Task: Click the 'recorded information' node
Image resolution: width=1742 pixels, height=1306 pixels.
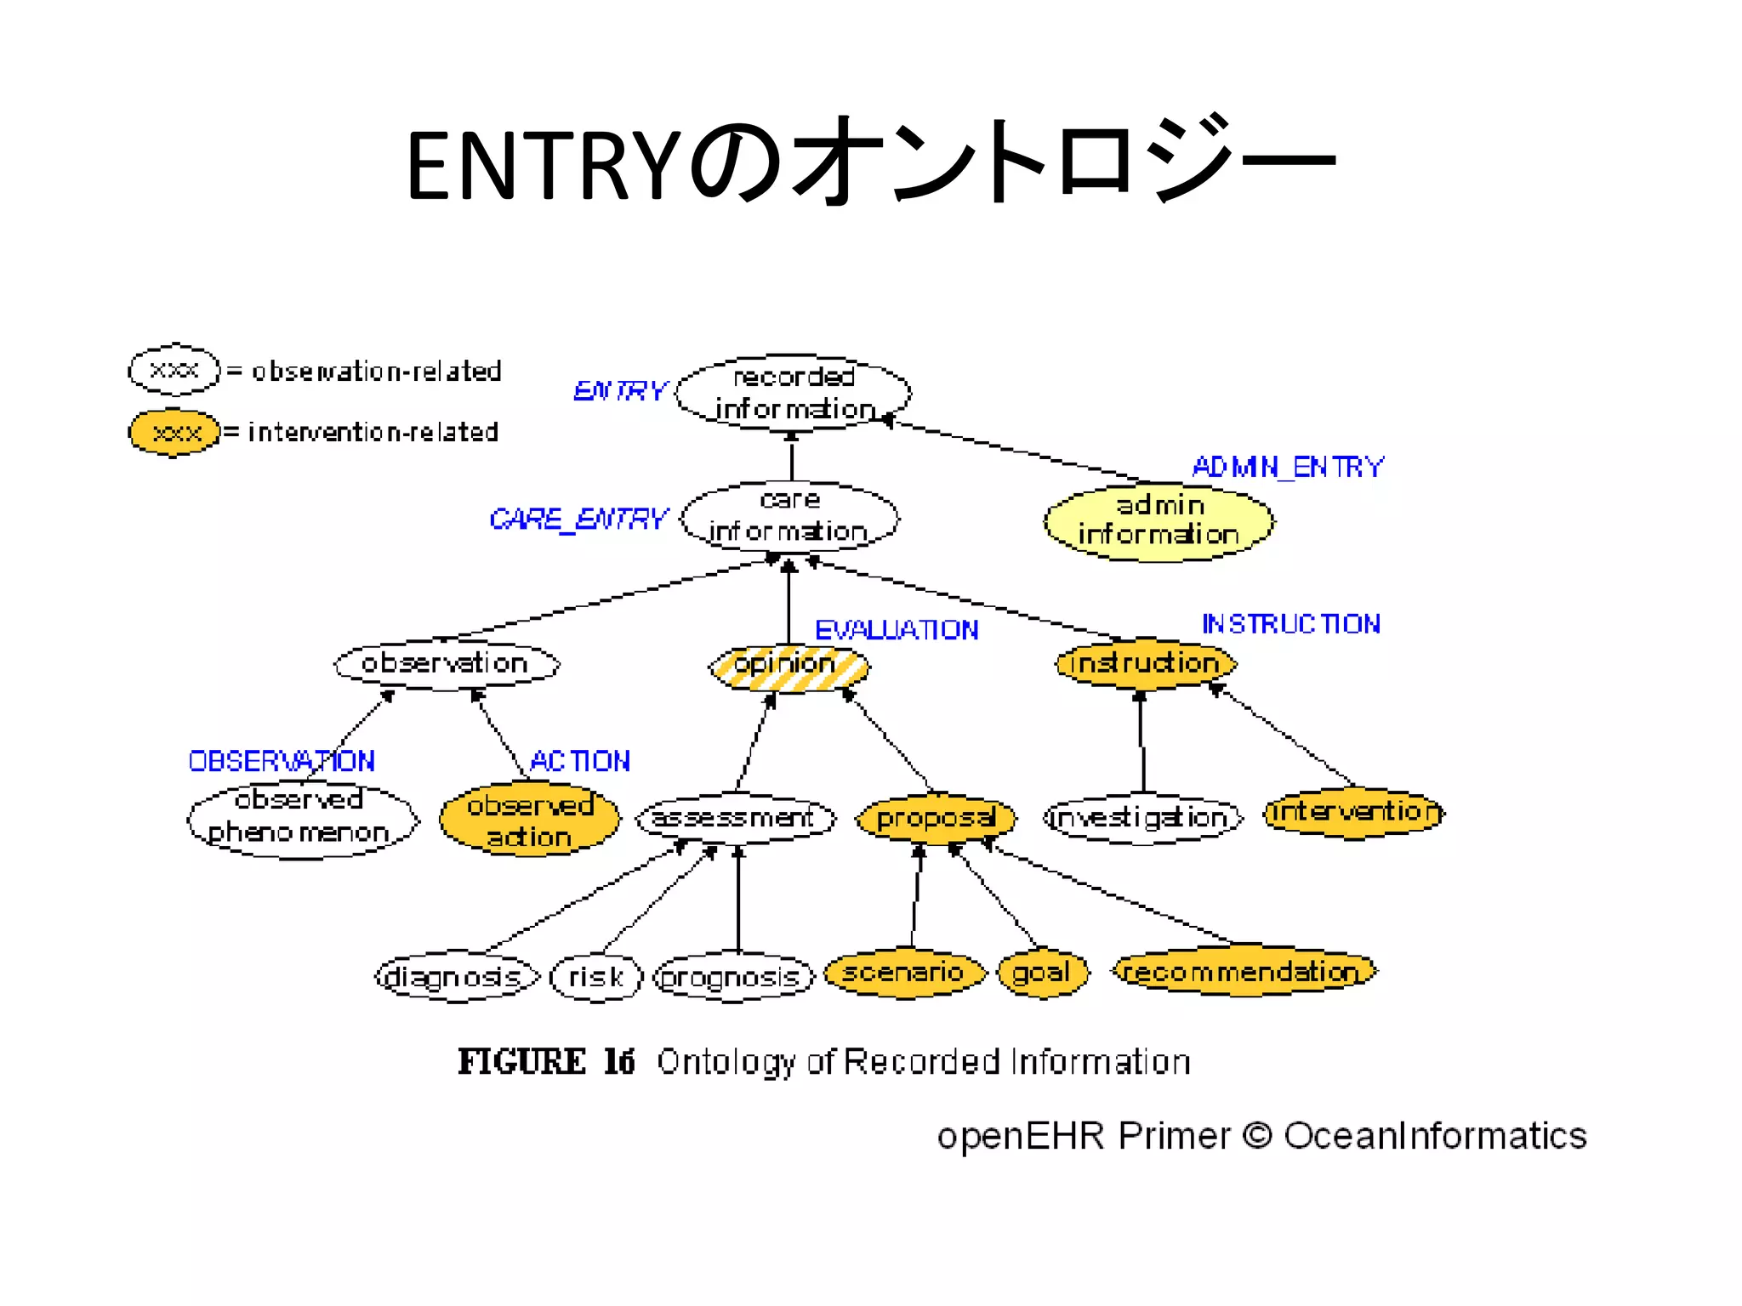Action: (793, 393)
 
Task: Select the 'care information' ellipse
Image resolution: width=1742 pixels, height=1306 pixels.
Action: (789, 516)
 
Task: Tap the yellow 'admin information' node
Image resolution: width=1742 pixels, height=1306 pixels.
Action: (1158, 521)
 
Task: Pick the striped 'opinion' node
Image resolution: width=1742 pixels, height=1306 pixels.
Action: (788, 665)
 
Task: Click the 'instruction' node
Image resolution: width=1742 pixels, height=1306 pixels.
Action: (1145, 663)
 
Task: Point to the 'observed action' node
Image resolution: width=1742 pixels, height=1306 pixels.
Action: (529, 821)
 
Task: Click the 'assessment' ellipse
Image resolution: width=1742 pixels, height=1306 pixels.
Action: (735, 819)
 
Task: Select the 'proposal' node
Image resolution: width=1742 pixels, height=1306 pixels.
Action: (936, 819)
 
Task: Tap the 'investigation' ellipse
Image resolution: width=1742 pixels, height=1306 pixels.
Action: (1141, 819)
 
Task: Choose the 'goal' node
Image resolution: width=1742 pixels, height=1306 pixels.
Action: (1042, 973)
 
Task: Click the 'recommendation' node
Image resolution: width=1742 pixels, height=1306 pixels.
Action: (1244, 971)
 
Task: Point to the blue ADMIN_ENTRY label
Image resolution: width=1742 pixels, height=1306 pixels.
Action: (1288, 467)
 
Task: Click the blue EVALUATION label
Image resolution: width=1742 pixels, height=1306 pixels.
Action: (897, 630)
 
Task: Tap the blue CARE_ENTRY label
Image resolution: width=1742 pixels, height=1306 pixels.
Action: (578, 519)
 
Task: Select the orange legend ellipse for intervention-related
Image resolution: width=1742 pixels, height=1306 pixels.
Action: (174, 433)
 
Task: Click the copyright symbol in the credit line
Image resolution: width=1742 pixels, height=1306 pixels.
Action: (1256, 1136)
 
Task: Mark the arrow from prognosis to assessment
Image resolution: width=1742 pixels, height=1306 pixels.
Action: (738, 901)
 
